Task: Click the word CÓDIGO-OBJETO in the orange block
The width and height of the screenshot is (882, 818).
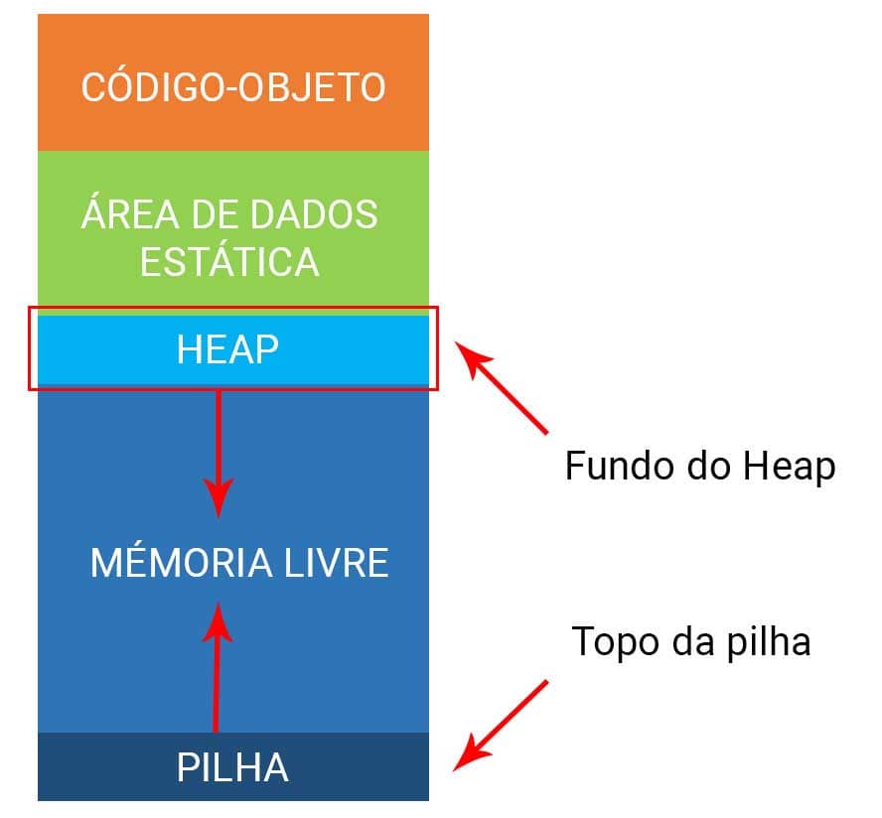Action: point(233,86)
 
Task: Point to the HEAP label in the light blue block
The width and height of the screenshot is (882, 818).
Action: point(227,349)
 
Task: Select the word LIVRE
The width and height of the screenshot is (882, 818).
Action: point(337,562)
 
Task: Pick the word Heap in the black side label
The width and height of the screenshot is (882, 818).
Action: point(790,469)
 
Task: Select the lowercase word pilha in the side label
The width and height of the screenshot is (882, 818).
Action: point(769,642)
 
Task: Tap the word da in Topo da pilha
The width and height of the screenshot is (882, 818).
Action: point(693,641)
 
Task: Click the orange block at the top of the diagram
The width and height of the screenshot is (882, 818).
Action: point(233,82)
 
